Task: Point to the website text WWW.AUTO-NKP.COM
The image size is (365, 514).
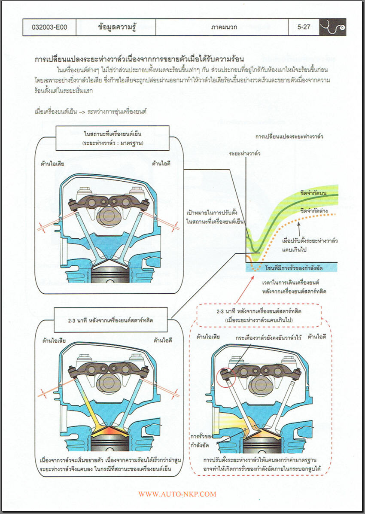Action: [x=177, y=494]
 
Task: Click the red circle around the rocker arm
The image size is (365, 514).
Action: [x=225, y=377]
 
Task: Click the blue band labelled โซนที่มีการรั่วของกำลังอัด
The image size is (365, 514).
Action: [x=292, y=268]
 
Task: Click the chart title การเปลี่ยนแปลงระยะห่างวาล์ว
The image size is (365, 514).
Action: [x=289, y=136]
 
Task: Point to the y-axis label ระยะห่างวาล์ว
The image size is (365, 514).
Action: [x=245, y=153]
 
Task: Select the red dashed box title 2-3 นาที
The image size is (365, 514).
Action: [x=258, y=316]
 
